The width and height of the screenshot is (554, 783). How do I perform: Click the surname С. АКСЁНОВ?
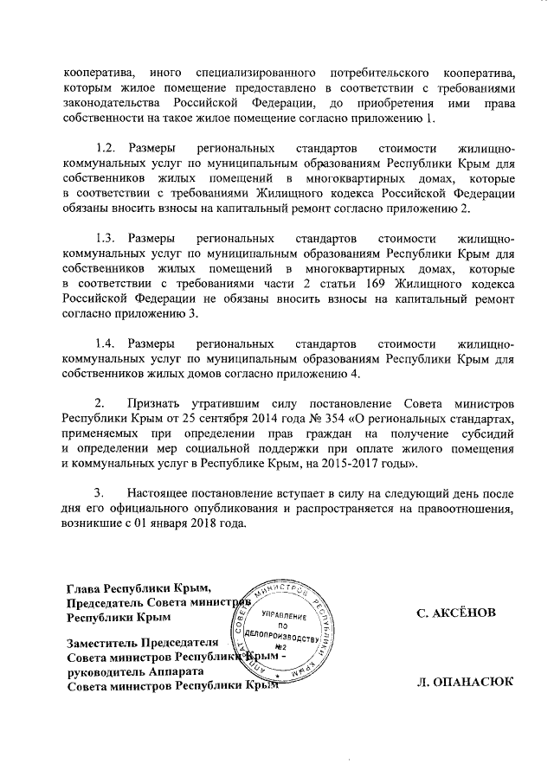click(456, 613)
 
